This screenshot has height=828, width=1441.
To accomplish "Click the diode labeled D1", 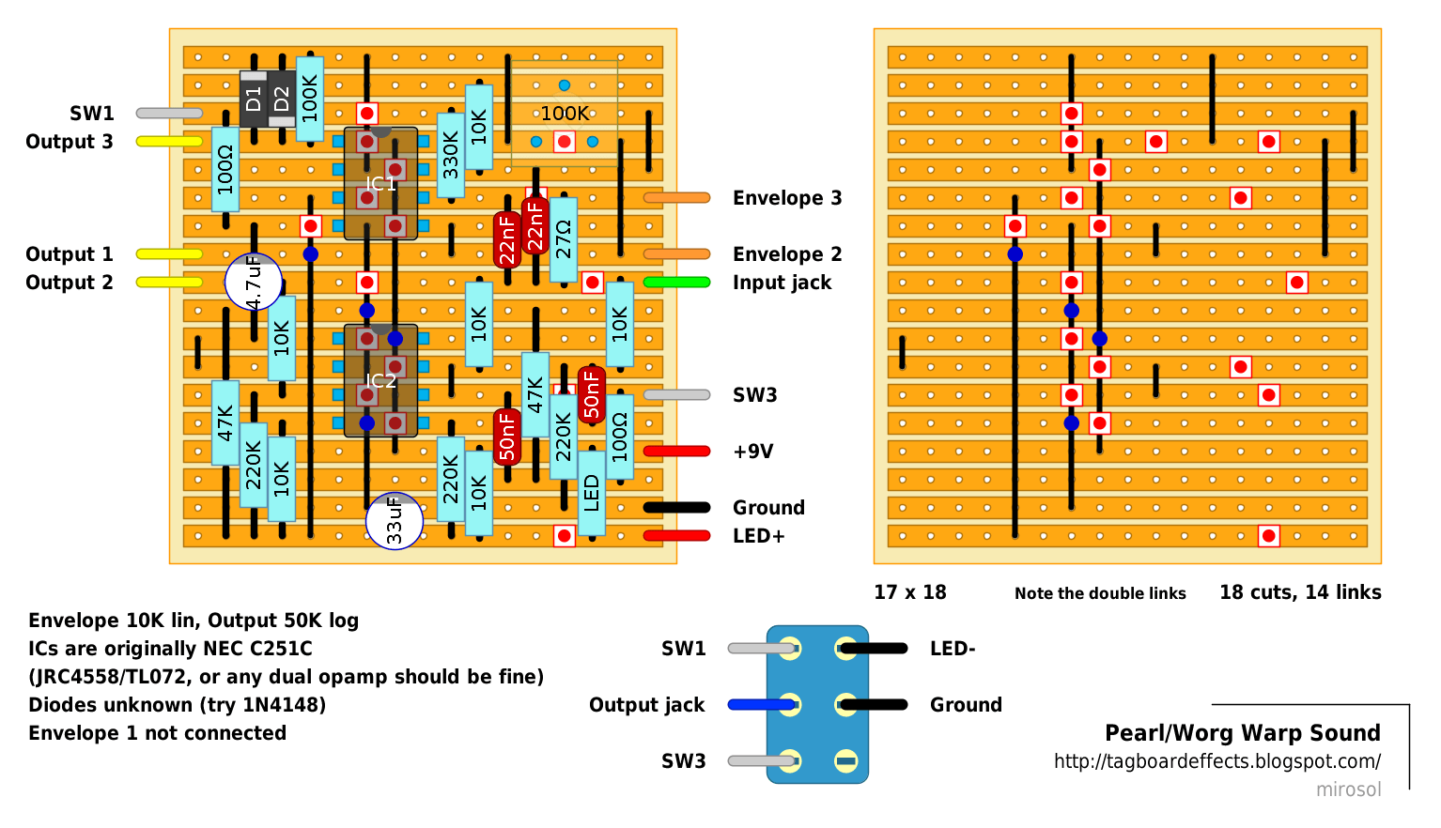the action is point(254,99).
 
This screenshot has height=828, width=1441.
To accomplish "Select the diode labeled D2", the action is point(282,99).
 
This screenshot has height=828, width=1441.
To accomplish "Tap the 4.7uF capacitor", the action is point(254,282).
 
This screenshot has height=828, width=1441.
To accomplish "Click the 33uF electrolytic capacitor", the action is point(395,521).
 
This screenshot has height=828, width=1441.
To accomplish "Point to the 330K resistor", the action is point(451,156).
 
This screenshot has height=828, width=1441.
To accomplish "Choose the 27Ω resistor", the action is point(564,239).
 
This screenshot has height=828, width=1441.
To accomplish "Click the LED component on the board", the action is point(592,493).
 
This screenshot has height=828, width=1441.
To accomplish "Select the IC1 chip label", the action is point(380,184).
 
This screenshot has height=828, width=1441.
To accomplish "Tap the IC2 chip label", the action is point(380,380).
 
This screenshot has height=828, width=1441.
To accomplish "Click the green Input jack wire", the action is point(676,283).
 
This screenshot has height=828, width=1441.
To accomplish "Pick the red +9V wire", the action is point(676,452).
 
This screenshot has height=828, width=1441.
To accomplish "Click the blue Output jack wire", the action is point(763,705).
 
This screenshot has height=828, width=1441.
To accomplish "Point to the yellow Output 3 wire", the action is point(169,142).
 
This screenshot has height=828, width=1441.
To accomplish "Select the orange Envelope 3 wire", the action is point(676,198).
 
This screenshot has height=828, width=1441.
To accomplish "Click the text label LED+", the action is point(758,535).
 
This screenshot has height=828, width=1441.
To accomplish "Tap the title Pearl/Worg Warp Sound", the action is point(1243,733).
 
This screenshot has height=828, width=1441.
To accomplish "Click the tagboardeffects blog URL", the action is point(1217,761).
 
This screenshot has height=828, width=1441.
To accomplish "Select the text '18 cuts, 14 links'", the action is point(1300,592).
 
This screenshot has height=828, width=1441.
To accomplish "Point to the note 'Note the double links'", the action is point(1100,593).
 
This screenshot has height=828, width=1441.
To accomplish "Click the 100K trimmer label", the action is point(565,114).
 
